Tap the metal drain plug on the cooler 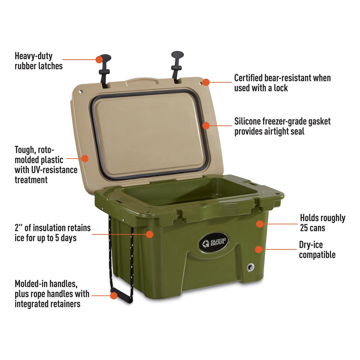click(250, 267)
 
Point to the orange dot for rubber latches click(99, 59)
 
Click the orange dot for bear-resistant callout click(206, 82)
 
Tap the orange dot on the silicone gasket click(206, 126)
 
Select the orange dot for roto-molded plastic click(85, 158)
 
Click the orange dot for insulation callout click(150, 234)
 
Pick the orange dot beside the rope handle click(114, 295)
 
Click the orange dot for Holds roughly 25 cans click(260, 223)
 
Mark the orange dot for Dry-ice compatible click(258, 249)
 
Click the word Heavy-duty click(34, 56)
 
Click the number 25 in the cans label click(304, 228)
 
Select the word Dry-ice click(311, 245)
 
